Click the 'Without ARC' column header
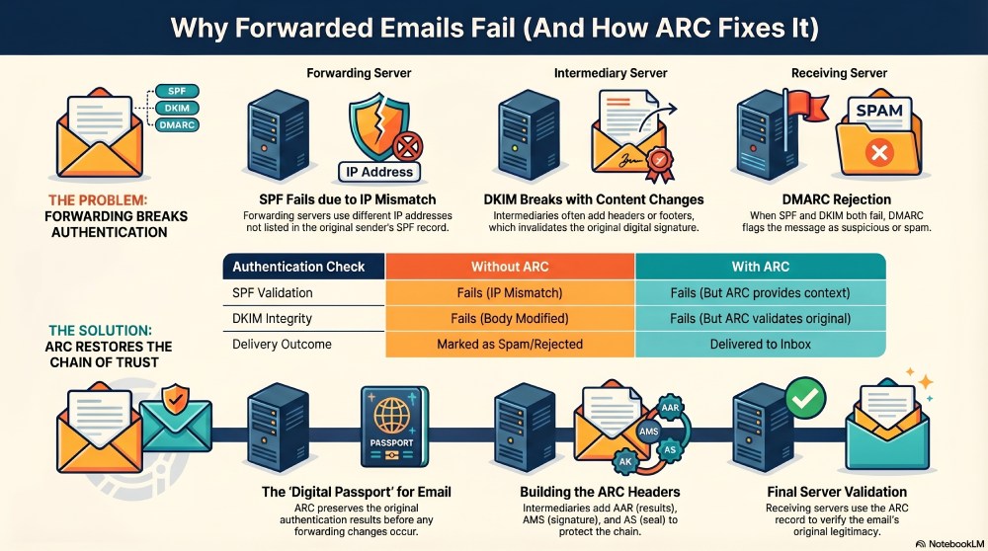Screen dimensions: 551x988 coord(509,267)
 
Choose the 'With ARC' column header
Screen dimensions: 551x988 coord(760,267)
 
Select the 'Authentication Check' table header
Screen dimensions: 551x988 coord(298,267)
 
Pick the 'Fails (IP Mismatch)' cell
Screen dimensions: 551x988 coord(509,293)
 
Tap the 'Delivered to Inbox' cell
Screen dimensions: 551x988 coord(760,345)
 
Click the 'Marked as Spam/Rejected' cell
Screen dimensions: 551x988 coord(509,345)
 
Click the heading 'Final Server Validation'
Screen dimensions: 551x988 coord(837,491)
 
